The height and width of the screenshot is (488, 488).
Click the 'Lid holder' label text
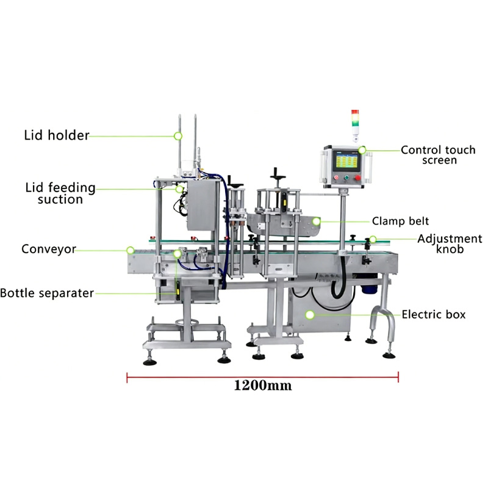click(57, 135)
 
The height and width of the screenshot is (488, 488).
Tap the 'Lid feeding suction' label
click(60, 193)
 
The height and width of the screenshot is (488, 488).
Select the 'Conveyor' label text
click(49, 249)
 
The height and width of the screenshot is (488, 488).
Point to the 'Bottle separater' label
click(47, 293)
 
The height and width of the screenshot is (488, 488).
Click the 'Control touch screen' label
click(438, 155)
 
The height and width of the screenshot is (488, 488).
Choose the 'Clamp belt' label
click(400, 221)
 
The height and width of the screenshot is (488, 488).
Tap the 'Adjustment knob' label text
click(450, 243)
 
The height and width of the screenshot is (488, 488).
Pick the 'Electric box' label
click(434, 314)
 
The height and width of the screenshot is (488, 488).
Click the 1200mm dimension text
click(263, 386)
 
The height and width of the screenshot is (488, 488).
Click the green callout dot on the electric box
click(310, 315)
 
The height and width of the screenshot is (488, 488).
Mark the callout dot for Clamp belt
click(316, 221)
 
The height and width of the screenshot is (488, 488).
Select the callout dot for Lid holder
click(178, 136)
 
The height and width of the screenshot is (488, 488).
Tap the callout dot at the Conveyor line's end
click(131, 250)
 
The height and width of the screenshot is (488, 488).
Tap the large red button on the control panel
click(358, 178)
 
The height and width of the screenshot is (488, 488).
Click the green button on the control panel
click(346, 178)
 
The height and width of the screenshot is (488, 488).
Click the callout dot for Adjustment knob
click(373, 239)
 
